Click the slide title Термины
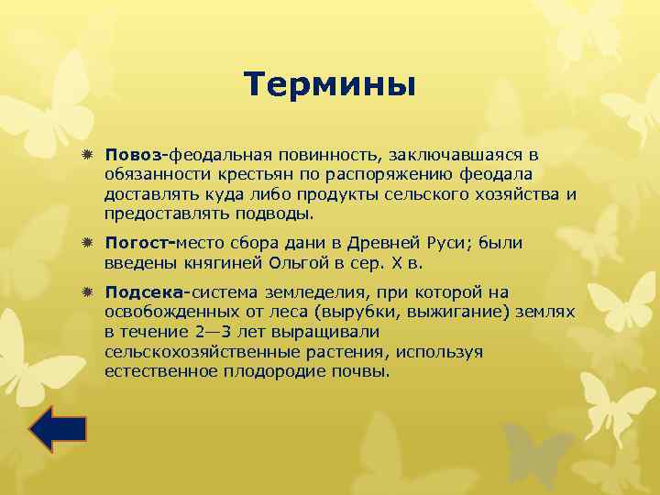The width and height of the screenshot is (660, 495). click(331, 85)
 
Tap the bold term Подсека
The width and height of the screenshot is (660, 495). click(145, 292)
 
